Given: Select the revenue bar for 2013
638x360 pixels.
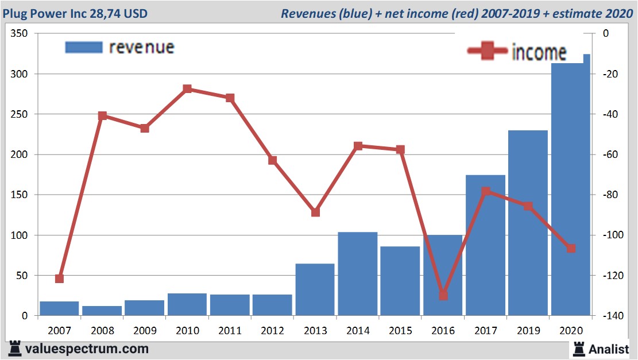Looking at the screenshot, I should point(315,289).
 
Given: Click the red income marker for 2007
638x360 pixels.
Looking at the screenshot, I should point(59,278).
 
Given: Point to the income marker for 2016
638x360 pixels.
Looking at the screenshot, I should point(443,295).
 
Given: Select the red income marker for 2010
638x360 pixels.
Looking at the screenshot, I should point(187,89).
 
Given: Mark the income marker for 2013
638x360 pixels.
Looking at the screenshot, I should point(315,212).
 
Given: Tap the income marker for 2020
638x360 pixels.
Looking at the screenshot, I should point(570,248).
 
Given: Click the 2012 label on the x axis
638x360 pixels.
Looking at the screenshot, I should point(272,331).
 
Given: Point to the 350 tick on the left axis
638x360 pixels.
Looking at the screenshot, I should point(20,34).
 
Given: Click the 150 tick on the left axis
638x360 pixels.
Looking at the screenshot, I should point(20,195).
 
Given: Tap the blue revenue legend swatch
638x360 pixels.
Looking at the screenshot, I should point(84,47).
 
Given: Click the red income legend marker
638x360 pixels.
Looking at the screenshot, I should point(488,51).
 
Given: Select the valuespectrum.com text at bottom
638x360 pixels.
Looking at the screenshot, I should point(86,349).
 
